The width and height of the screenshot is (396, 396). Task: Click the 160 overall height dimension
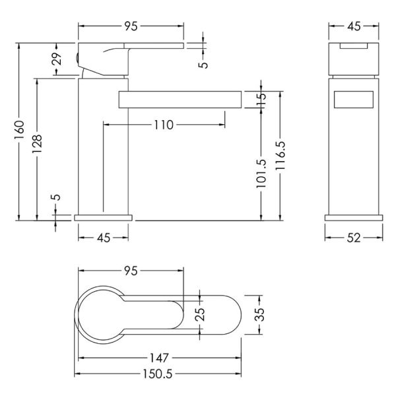(19, 130)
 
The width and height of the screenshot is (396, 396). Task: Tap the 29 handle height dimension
(57, 59)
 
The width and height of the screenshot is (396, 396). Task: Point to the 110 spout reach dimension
(164, 125)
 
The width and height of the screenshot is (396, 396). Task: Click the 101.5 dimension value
(261, 173)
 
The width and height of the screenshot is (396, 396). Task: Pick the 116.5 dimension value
(280, 155)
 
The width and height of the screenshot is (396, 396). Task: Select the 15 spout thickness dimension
(261, 100)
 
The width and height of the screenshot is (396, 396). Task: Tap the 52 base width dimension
(354, 238)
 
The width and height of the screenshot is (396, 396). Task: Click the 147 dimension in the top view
(159, 358)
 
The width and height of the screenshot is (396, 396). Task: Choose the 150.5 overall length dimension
(158, 374)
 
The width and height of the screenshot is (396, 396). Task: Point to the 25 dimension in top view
(201, 314)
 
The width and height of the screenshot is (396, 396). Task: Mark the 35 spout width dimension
(259, 314)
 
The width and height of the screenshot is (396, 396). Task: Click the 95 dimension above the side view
(131, 26)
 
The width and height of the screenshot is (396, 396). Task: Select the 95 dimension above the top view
(131, 271)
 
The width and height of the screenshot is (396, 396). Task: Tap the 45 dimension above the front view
(354, 26)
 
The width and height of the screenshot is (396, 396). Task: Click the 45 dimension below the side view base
(104, 238)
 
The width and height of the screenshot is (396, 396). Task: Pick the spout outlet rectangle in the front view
(354, 100)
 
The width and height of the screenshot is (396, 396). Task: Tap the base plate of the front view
(354, 218)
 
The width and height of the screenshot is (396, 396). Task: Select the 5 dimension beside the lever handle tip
(203, 64)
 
